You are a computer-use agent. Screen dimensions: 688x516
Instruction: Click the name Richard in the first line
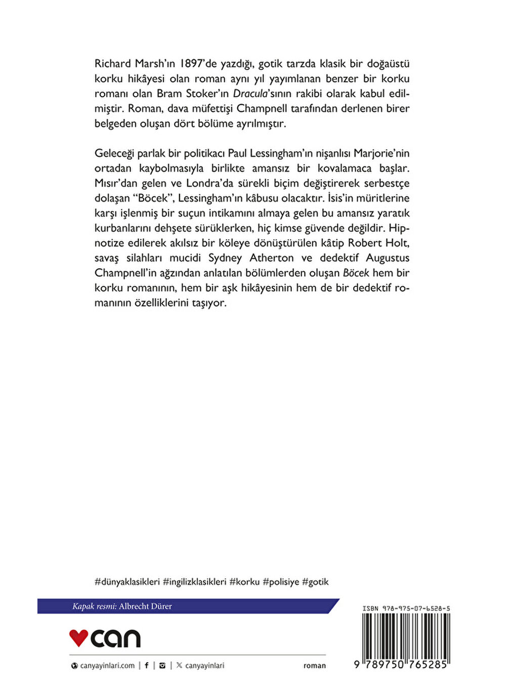113,64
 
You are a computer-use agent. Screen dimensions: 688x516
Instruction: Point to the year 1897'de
198,64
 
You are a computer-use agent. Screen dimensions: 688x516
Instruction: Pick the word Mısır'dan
112,183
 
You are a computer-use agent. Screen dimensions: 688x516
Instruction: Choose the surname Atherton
271,258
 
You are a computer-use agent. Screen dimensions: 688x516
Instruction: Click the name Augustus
388,258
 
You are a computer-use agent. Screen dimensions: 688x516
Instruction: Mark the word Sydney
225,258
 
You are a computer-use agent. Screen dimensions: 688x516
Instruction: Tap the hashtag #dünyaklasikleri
127,582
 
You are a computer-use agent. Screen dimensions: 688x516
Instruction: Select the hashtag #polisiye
281,582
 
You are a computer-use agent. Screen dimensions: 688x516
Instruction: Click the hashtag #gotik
315,582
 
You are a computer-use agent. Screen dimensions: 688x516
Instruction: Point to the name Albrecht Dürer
145,606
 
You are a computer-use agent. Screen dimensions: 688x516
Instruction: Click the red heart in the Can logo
78,638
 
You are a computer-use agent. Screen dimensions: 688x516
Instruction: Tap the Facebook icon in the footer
147,666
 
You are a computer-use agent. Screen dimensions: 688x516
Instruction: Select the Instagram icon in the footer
162,666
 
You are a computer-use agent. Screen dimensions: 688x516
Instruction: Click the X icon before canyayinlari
179,666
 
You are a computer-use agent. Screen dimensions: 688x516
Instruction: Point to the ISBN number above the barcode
406,609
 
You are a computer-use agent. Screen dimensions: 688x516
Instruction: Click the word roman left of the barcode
315,666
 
